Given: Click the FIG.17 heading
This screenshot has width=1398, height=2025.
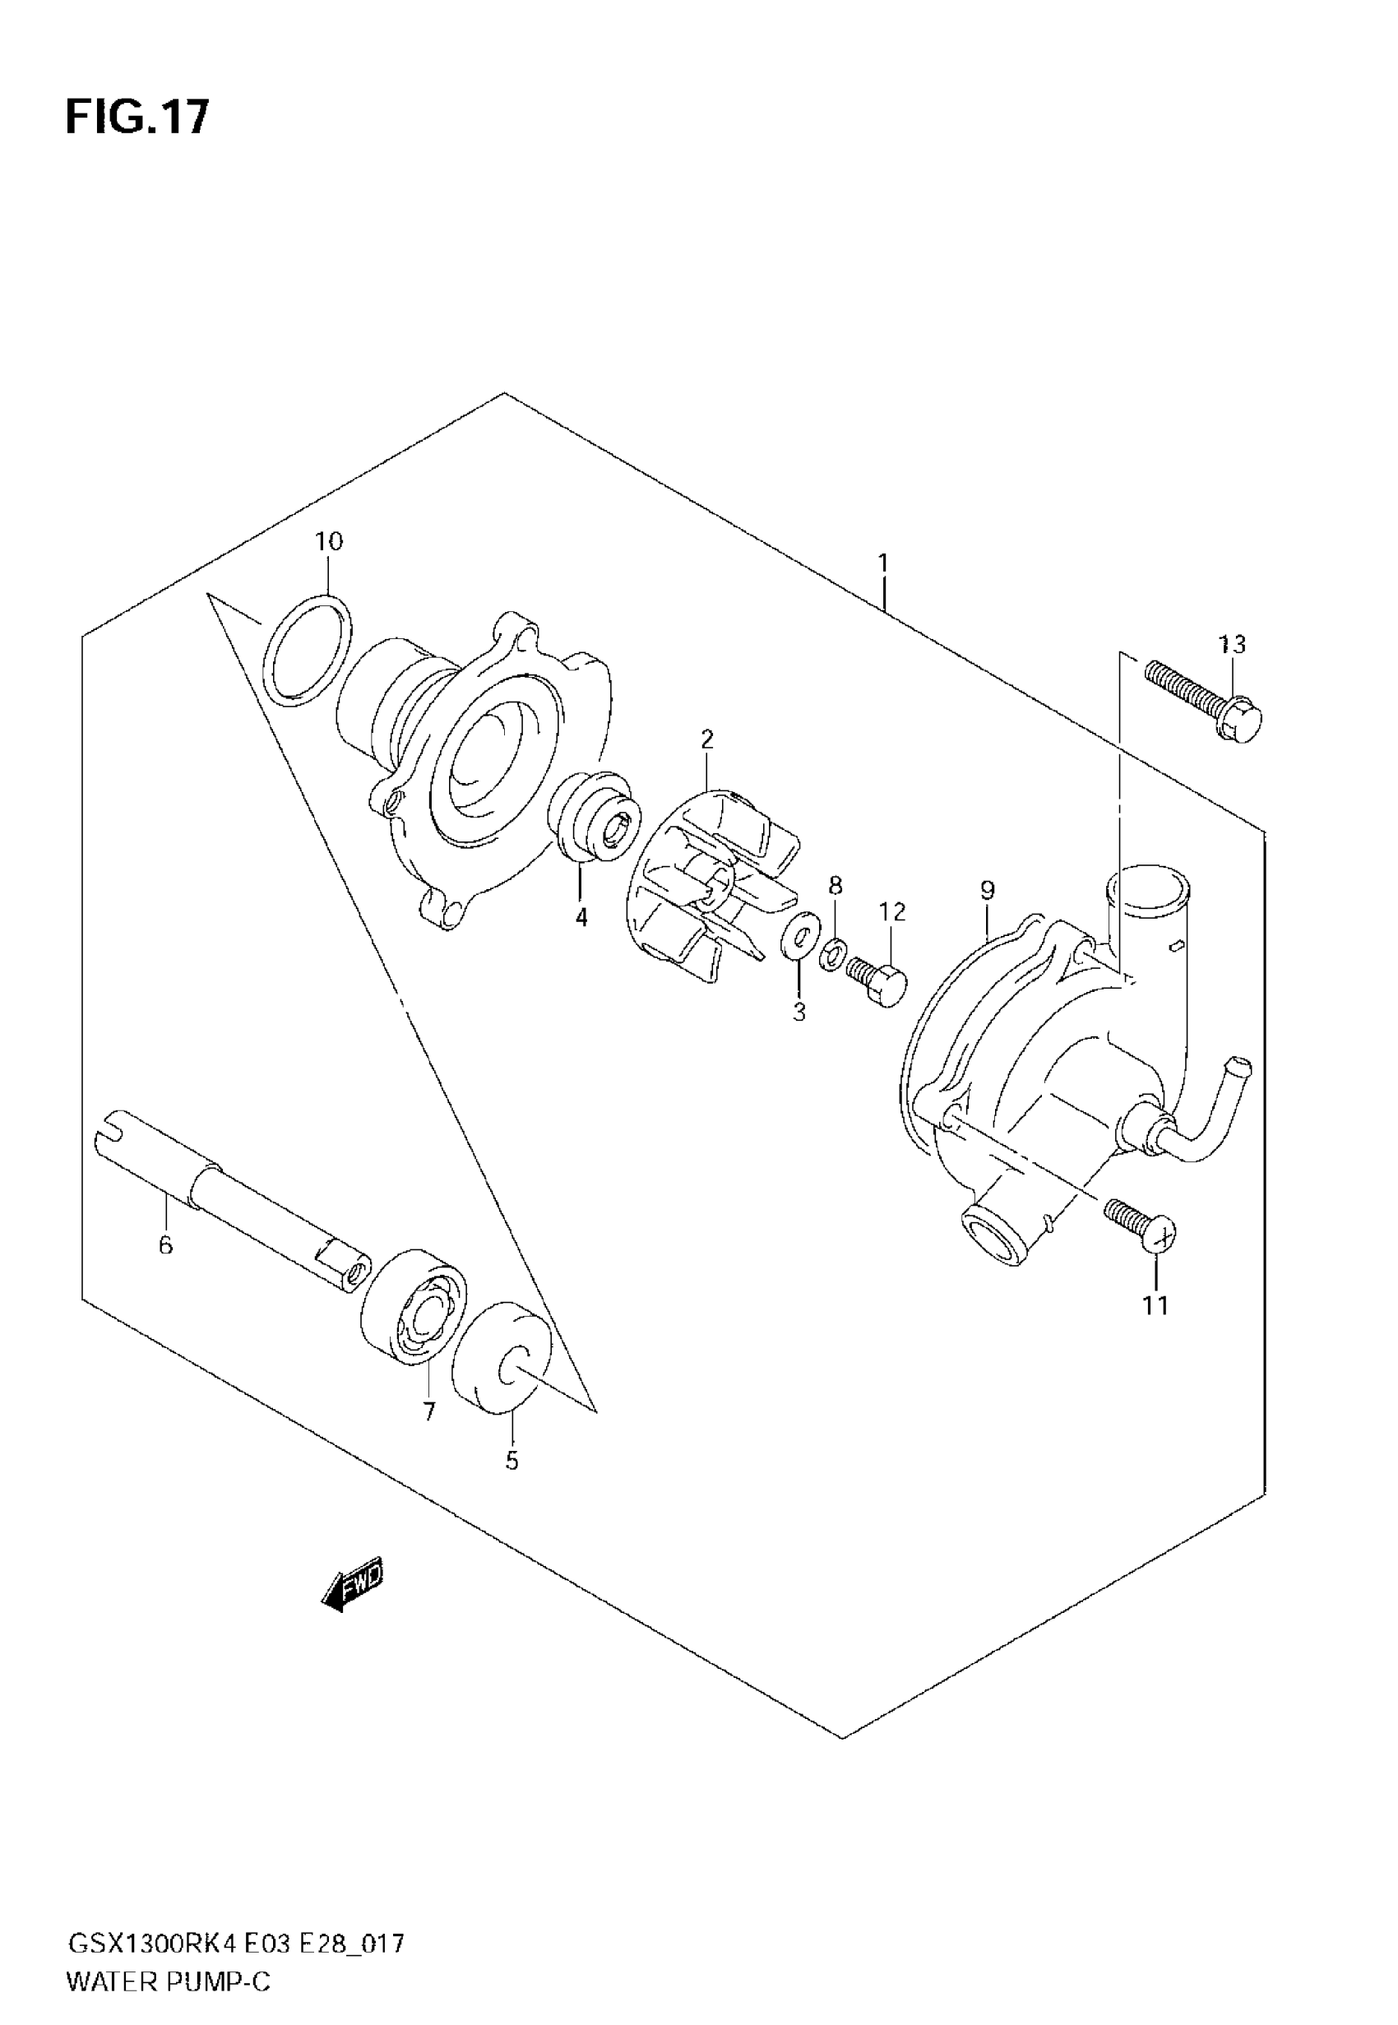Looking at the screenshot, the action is click(137, 117).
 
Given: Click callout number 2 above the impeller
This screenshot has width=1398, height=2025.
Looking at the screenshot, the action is click(707, 739).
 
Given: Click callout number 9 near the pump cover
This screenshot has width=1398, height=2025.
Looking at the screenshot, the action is click(987, 891).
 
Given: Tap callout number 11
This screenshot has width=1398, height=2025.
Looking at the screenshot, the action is click(1155, 1306).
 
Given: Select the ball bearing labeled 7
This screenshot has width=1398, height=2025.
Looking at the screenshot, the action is click(414, 1305).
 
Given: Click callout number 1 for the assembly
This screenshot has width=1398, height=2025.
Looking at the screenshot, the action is click(883, 563).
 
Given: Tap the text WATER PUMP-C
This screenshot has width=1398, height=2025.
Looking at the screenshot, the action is click(169, 1982).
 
